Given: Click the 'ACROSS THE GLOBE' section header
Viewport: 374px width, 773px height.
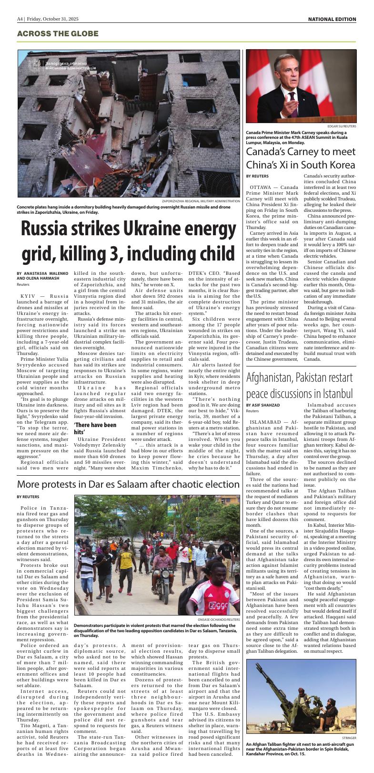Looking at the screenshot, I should (x=58, y=34).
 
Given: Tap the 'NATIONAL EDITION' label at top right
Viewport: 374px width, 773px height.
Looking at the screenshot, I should (x=332, y=19).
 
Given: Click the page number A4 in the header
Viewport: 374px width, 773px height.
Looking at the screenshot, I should (x=20, y=19).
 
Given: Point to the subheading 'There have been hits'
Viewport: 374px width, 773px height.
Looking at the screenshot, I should (x=95, y=428).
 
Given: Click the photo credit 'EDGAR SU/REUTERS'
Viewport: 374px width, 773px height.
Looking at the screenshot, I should (x=342, y=126).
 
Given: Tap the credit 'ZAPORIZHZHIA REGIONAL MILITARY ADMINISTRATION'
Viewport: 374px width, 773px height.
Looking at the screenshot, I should (x=201, y=201).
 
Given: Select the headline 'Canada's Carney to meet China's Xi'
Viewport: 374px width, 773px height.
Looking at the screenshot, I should (x=301, y=158).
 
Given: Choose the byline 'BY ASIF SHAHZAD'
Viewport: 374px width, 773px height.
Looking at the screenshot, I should (x=263, y=405).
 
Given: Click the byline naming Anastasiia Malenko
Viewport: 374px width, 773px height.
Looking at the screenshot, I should (x=42, y=276).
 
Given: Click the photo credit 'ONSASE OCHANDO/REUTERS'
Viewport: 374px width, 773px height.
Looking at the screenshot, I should (x=218, y=619).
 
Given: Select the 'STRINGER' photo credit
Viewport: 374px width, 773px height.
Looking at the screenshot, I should (x=349, y=737).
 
